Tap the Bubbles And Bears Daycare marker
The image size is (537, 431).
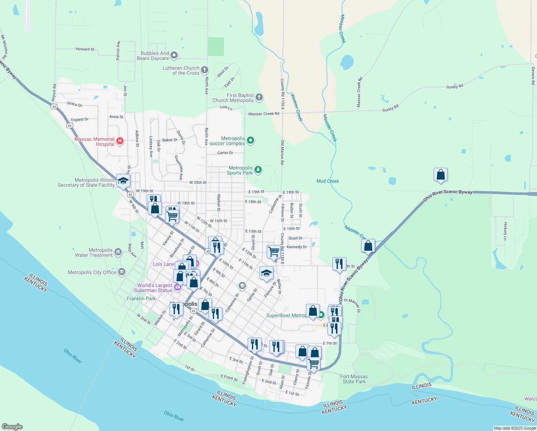(174, 55)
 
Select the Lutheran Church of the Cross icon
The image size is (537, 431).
(205, 70)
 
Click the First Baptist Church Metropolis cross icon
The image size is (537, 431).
(259, 97)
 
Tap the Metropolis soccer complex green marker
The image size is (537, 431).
(251, 140)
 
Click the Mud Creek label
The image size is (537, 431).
(328, 181)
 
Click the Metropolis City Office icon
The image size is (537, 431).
(122, 272)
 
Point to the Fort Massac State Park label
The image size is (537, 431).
(354, 379)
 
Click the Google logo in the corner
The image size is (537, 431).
(12, 427)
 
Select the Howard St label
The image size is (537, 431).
(85, 49)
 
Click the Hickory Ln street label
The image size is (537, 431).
(505, 231)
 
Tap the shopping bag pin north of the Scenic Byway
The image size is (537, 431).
(440, 175)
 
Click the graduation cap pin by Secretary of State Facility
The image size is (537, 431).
(123, 181)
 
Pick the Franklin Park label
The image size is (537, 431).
(141, 298)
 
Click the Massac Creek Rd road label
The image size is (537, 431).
(263, 114)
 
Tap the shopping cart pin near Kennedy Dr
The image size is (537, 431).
(274, 251)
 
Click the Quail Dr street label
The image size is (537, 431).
(295, 238)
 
